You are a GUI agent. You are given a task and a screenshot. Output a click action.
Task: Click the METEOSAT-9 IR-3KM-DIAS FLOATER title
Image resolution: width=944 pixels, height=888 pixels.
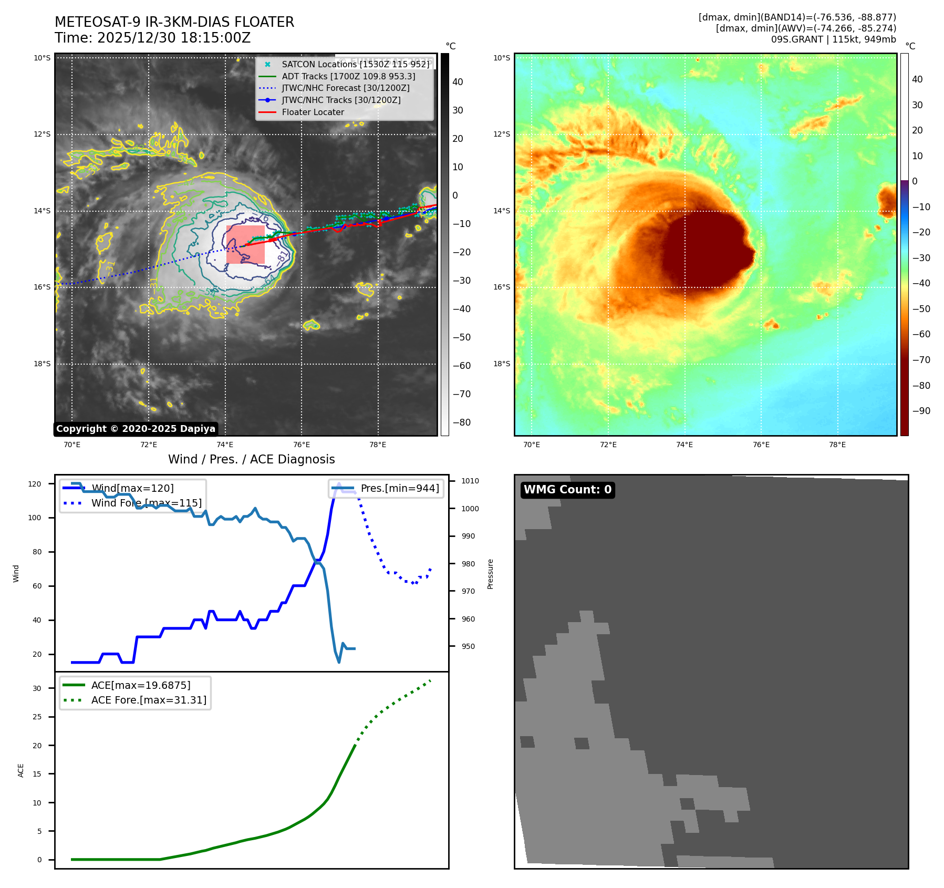(x=174, y=22)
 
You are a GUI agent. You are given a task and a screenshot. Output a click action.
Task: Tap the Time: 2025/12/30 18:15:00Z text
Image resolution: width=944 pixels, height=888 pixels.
(x=152, y=38)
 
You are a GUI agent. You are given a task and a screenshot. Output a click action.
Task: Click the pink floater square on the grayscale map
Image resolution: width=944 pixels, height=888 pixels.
(x=245, y=244)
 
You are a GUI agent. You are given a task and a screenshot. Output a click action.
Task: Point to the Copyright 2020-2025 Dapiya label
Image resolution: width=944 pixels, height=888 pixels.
(x=136, y=429)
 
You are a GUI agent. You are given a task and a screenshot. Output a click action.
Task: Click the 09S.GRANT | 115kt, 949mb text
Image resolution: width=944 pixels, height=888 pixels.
(x=833, y=39)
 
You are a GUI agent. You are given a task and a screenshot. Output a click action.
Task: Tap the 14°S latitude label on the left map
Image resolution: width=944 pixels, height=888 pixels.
(x=43, y=211)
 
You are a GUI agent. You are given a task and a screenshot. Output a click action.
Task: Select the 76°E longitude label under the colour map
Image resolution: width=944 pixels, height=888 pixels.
(x=761, y=445)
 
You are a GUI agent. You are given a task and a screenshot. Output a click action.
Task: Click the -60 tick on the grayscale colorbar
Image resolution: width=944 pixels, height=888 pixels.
(x=462, y=366)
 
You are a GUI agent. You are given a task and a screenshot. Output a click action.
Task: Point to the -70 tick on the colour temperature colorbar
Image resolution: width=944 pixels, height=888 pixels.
(x=921, y=360)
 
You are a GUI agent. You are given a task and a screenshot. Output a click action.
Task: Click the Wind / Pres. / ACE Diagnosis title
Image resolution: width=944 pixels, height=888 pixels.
(x=251, y=459)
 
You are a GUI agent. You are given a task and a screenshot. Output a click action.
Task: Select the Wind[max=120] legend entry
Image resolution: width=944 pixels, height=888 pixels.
(x=132, y=488)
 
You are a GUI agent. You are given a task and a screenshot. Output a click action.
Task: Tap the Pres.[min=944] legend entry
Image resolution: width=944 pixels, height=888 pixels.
(x=399, y=488)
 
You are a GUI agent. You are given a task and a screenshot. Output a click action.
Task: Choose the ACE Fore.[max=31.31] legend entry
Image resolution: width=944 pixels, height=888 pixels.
(x=149, y=700)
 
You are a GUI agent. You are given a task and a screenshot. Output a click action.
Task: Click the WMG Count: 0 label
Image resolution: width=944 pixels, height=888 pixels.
(x=567, y=490)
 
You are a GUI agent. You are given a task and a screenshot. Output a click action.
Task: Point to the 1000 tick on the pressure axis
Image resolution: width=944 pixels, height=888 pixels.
(x=470, y=509)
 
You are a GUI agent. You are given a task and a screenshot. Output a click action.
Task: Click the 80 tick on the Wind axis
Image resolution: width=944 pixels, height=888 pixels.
(x=37, y=552)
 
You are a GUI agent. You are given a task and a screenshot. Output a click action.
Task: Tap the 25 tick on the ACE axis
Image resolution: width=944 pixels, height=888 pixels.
(x=37, y=717)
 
